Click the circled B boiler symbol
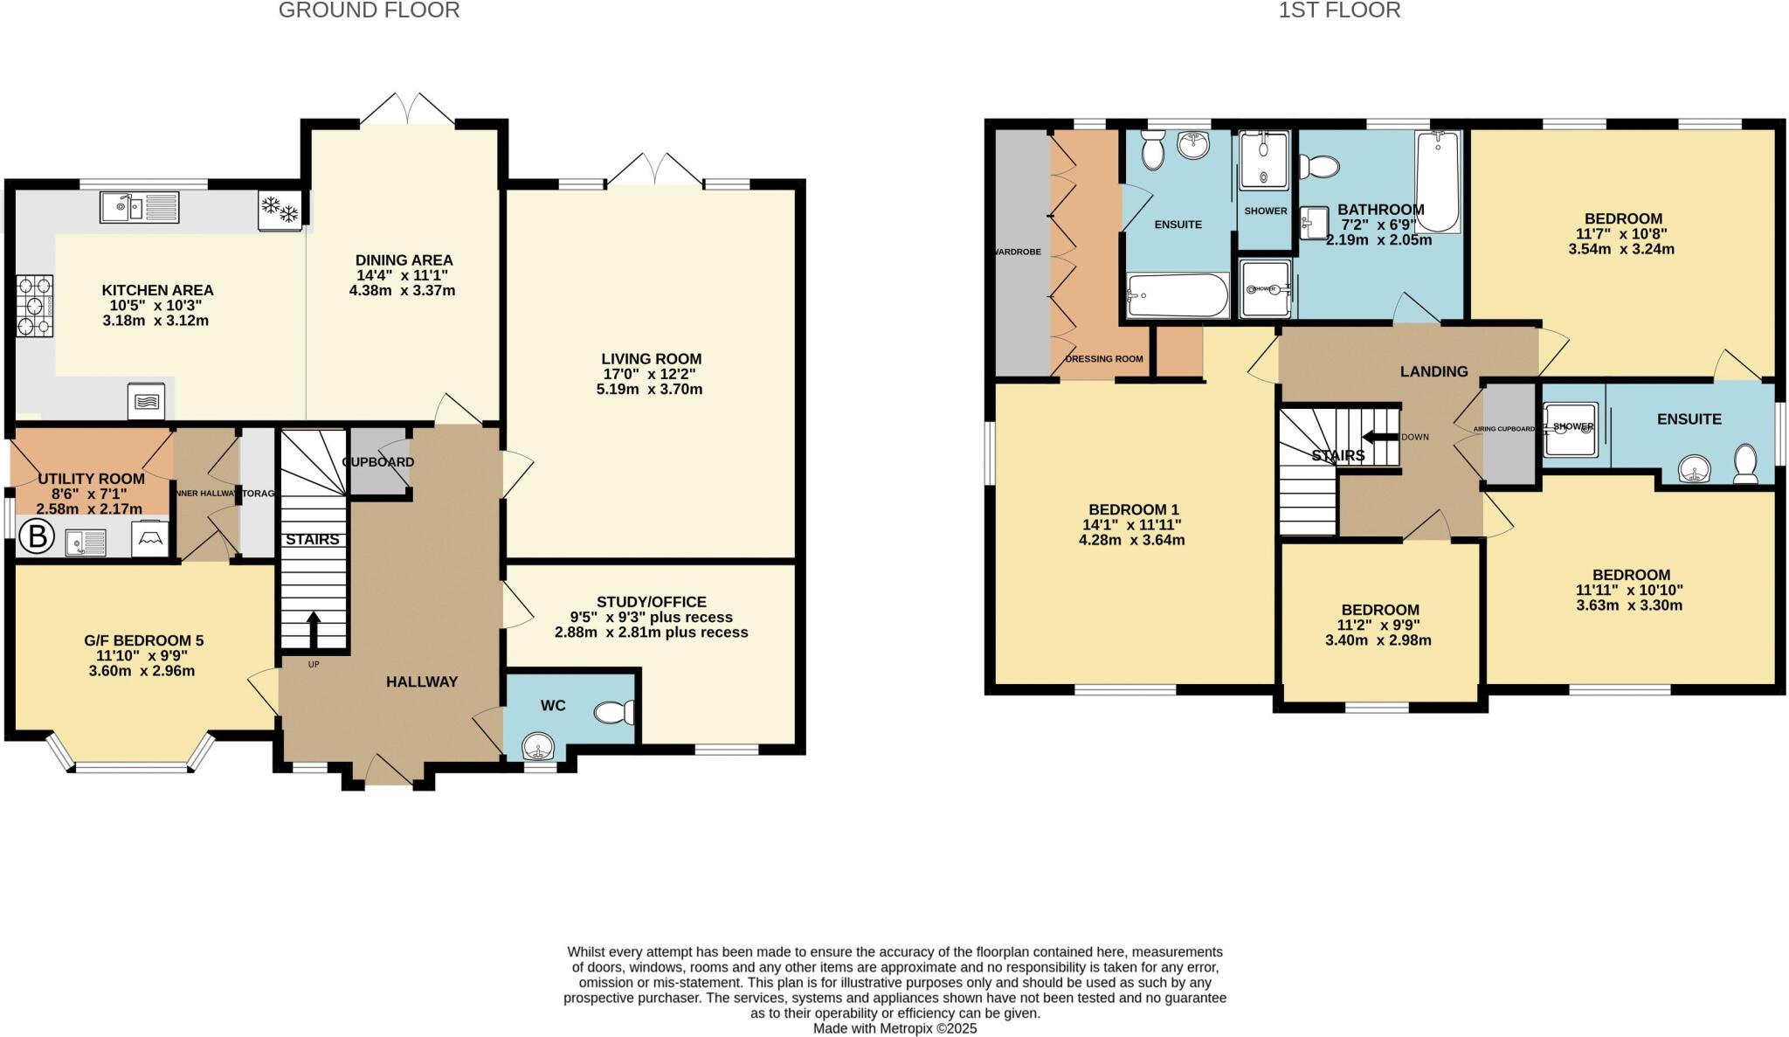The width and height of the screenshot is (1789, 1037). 37,536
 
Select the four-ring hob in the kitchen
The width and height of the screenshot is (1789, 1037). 35,306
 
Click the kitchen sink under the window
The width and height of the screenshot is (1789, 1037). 138,208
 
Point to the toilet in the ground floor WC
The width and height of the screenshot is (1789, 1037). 617,714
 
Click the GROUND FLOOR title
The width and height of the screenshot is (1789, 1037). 369,10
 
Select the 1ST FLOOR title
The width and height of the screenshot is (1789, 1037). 1339,10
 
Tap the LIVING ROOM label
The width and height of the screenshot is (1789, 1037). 651,359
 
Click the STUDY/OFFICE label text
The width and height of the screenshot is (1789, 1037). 651,602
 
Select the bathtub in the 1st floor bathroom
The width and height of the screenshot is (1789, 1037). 1437,181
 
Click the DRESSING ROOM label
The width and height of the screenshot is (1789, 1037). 1104,359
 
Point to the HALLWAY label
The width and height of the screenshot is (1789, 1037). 422,681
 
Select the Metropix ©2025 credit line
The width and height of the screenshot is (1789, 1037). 894,1028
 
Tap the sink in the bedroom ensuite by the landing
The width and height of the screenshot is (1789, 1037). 1695,470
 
